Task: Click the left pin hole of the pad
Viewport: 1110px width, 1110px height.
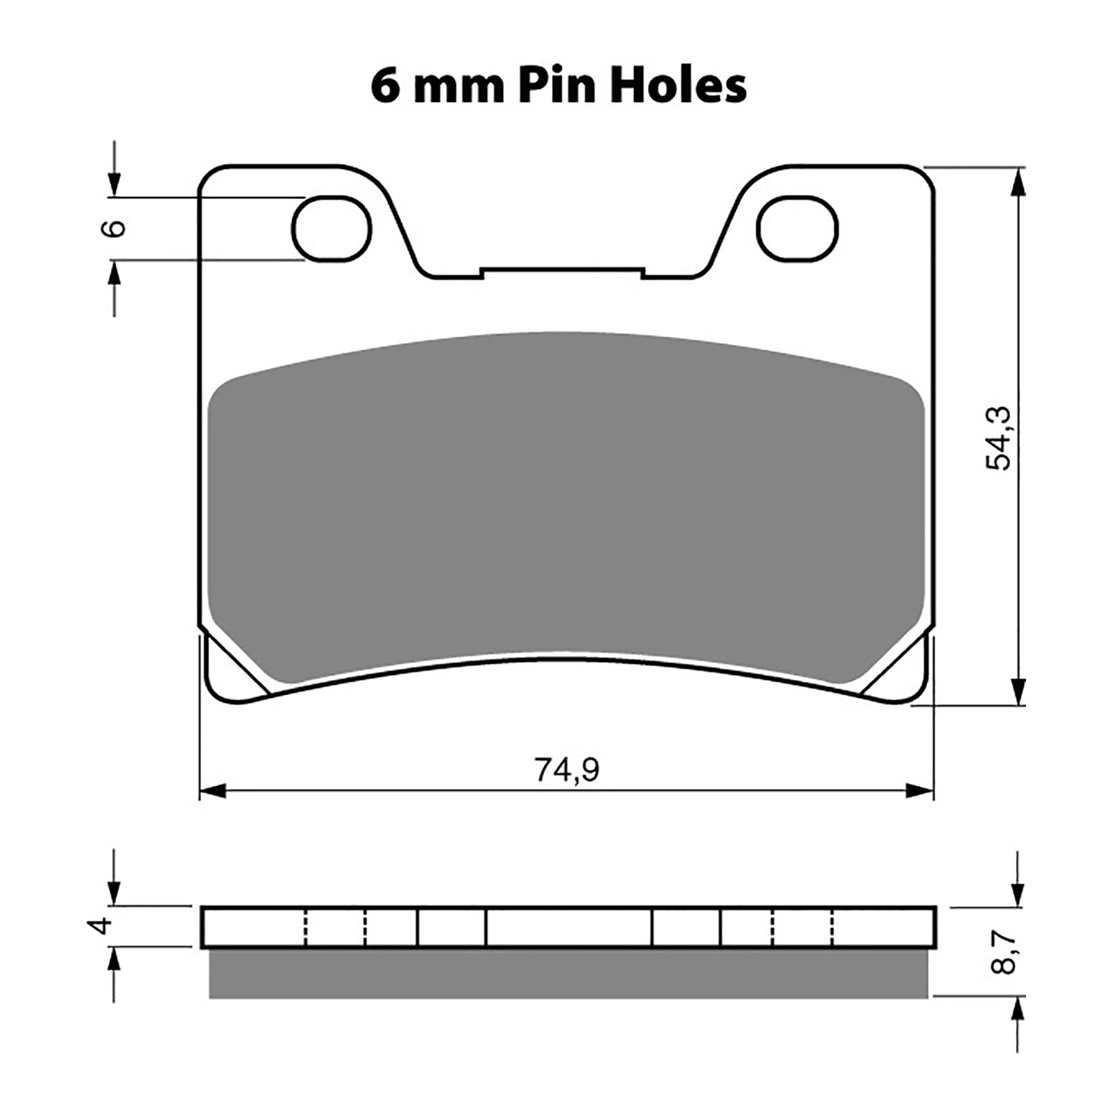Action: coord(332,228)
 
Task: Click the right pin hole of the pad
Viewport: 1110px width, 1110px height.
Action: coord(797,228)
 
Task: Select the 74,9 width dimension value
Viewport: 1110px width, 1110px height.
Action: coord(566,769)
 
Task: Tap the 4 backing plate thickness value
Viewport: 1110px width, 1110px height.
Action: coord(103,925)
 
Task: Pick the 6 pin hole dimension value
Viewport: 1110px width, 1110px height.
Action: coord(115,228)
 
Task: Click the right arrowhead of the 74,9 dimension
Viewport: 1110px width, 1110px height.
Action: coord(920,790)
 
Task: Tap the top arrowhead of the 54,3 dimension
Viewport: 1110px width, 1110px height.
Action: coord(1018,181)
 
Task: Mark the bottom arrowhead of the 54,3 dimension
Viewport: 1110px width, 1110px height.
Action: coord(1018,691)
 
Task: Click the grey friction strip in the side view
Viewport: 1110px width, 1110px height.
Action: coord(567,973)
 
